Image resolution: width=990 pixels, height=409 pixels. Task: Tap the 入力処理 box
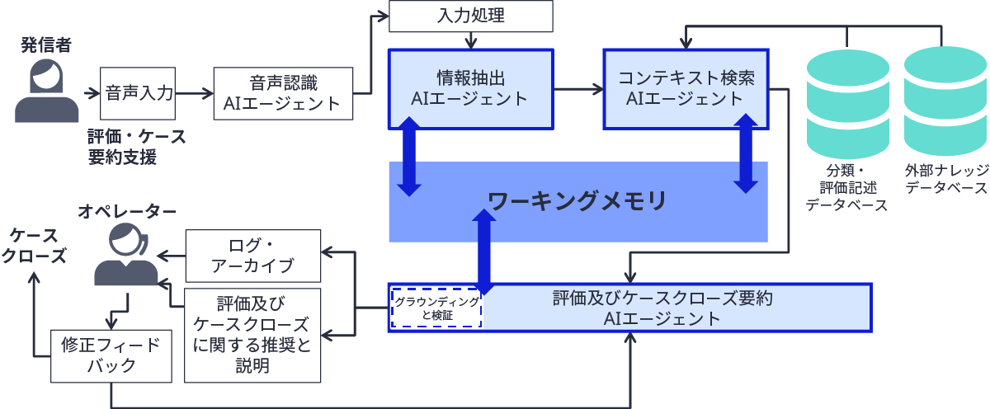tap(470, 16)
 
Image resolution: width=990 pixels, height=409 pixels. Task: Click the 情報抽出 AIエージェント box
tap(470, 88)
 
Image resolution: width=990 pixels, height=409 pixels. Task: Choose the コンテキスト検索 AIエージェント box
tap(686, 88)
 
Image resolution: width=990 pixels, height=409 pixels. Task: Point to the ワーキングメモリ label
tap(577, 200)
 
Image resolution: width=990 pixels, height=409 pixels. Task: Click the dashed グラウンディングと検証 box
tap(436, 308)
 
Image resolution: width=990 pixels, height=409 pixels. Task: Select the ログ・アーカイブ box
tap(252, 255)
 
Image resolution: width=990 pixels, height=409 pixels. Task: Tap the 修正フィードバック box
tap(111, 356)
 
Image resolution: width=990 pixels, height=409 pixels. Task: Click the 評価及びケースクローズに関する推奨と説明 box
tap(252, 335)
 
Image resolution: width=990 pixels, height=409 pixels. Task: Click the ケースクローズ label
tap(34, 245)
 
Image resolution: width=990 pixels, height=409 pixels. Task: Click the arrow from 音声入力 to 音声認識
tap(195, 93)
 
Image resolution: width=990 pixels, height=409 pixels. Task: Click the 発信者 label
tap(46, 45)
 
